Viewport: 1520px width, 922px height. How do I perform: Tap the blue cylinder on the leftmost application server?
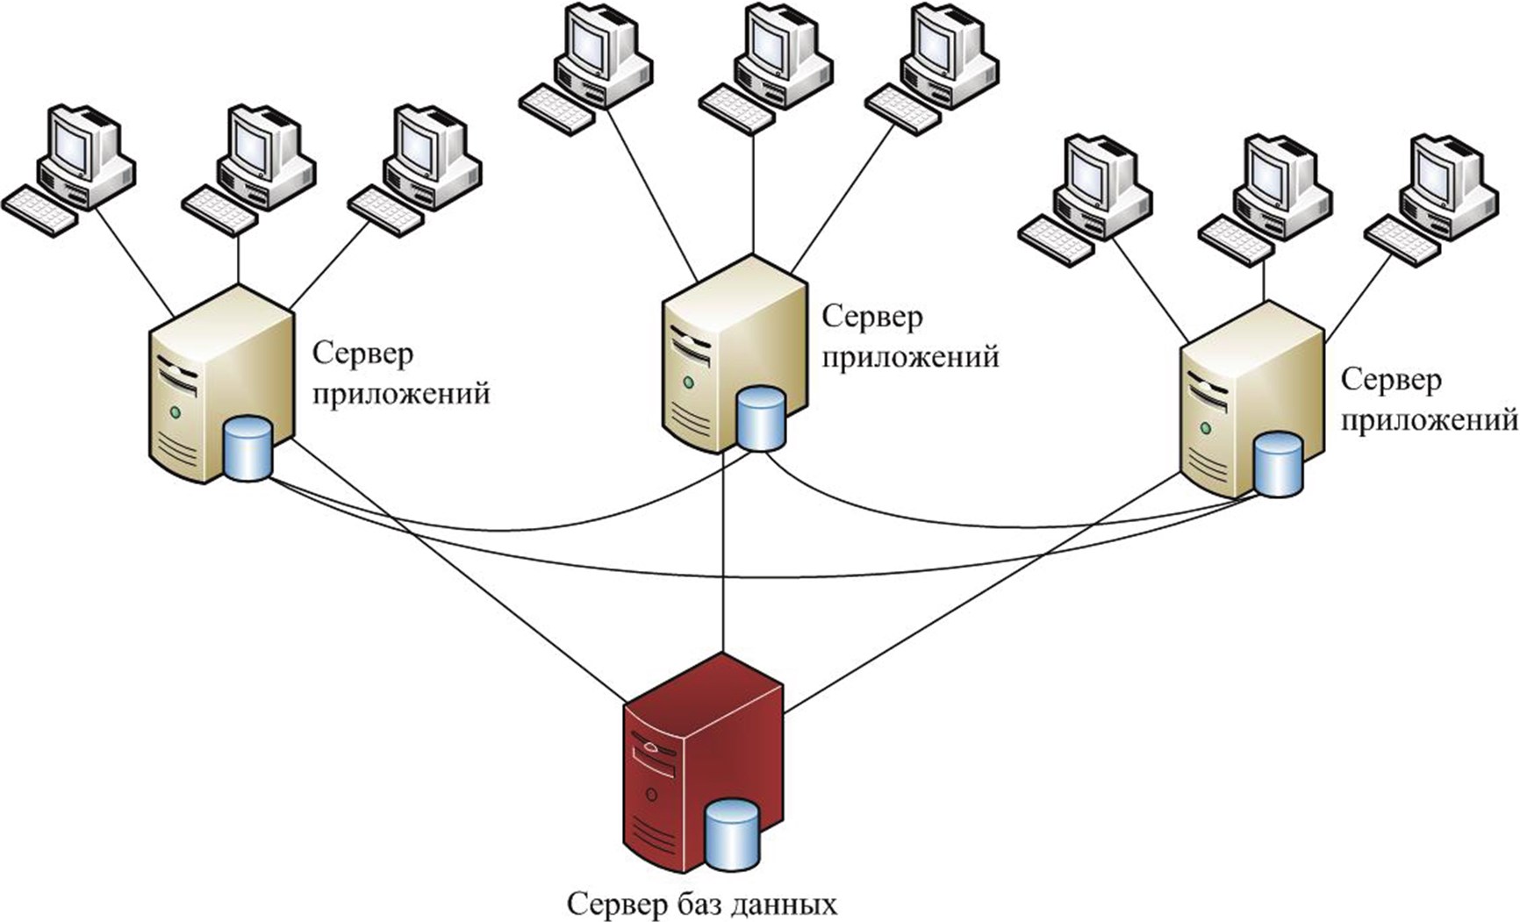point(248,449)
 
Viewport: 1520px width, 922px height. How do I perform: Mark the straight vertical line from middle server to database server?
point(723,561)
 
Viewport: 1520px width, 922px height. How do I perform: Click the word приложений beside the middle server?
point(910,357)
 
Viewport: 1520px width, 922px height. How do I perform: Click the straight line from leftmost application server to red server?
point(456,570)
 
